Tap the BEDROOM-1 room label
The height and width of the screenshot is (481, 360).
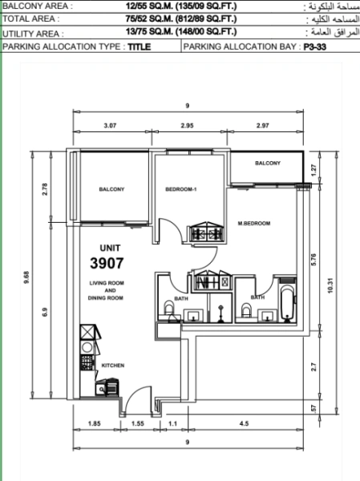click(x=180, y=189)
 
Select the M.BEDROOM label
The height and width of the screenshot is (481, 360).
click(x=253, y=223)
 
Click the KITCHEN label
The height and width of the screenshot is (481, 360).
click(x=113, y=365)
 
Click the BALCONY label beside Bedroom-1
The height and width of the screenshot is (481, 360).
click(x=111, y=189)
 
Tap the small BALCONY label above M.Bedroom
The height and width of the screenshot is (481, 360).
click(x=268, y=163)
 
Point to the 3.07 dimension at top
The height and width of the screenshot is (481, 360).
click(x=110, y=126)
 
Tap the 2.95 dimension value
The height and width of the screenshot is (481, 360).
click(x=188, y=126)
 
